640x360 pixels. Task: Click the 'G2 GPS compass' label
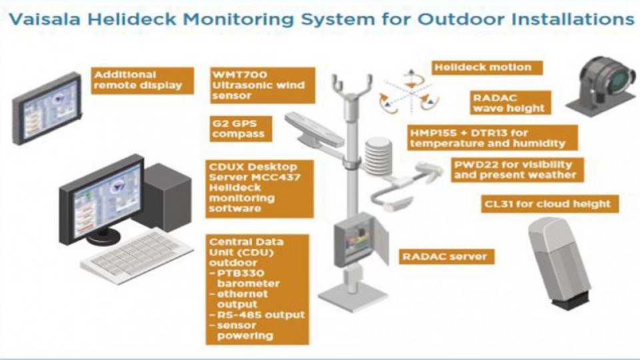pos(238,128)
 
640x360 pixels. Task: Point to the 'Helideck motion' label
pos(483,67)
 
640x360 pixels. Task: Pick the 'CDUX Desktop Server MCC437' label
pos(251,187)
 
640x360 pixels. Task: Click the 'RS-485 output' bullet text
pos(257,314)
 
